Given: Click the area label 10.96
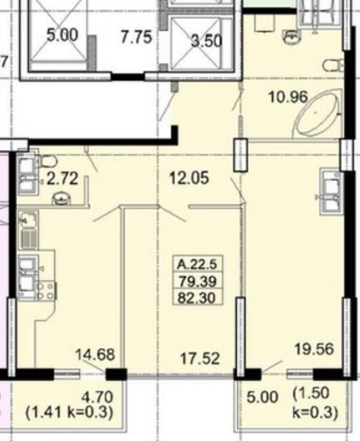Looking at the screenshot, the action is click(288, 97).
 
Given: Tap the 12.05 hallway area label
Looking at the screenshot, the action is click(190, 178).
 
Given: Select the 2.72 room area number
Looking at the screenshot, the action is click(62, 179).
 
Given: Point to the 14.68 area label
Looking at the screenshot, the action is click(95, 354).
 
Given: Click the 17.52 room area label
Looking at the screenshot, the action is click(199, 359).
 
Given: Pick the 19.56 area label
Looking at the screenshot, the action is click(314, 349).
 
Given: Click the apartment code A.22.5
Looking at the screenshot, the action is click(197, 264).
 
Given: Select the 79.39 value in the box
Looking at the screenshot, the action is click(197, 280).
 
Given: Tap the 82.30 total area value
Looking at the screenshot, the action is click(197, 297).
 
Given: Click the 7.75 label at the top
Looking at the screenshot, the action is click(136, 37).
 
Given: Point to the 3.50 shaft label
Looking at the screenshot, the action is click(207, 41).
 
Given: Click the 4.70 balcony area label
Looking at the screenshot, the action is click(97, 397).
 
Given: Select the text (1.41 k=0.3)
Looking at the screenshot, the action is click(70, 412).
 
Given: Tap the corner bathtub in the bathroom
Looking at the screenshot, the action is click(317, 114).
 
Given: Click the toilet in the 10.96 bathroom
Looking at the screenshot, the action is click(334, 66).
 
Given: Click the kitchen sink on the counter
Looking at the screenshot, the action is click(28, 219).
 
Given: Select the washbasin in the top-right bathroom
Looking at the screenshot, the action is click(292, 38).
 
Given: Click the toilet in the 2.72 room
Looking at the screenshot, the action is click(48, 161).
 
